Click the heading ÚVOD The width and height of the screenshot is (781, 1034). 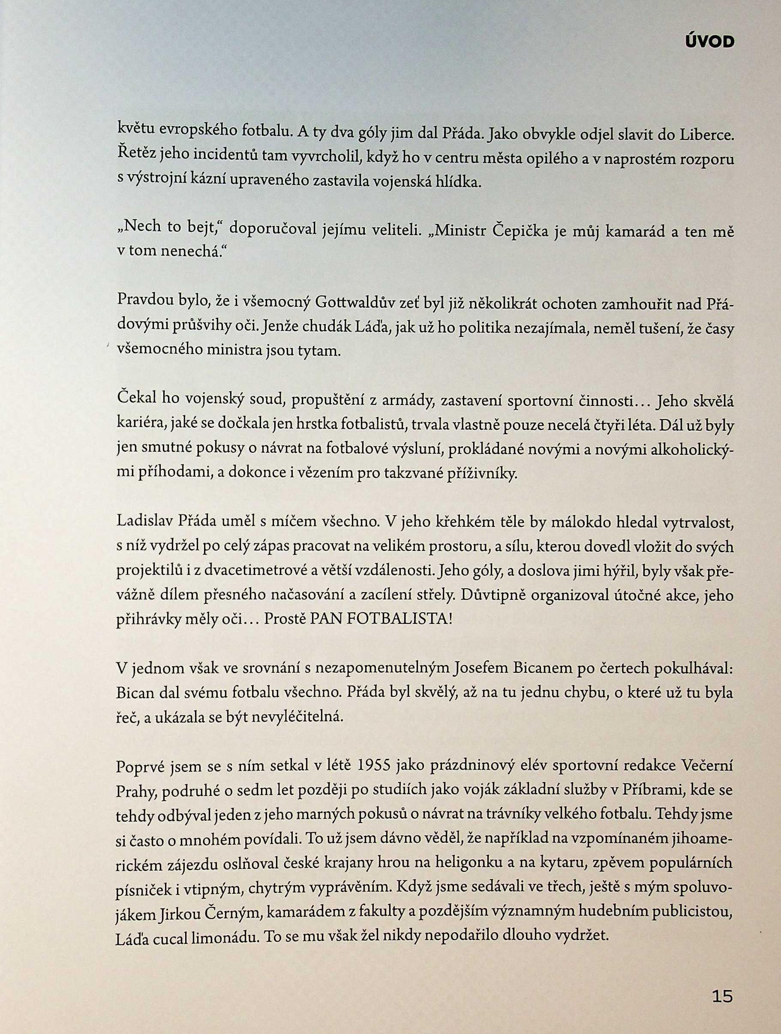tap(709, 42)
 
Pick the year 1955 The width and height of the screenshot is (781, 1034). tap(373, 766)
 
